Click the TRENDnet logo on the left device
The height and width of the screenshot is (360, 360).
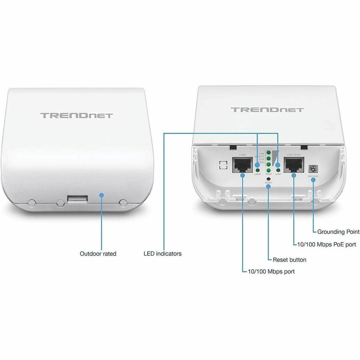(x=77, y=116)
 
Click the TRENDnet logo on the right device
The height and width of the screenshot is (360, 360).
(x=267, y=110)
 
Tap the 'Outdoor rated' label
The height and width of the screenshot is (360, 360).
(x=98, y=254)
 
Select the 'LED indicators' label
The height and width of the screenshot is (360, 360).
(x=162, y=254)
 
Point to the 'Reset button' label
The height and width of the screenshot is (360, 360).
(x=289, y=260)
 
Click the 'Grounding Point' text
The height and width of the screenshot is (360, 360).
(x=338, y=232)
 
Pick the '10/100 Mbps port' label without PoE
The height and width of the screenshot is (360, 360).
(x=271, y=271)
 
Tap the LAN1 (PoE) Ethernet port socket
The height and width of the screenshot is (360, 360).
(x=293, y=164)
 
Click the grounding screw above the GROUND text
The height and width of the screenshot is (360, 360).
(x=313, y=168)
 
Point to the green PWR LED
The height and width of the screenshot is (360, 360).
(x=268, y=170)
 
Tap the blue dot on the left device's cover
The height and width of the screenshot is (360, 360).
(x=102, y=195)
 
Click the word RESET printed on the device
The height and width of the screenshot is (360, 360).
(x=268, y=183)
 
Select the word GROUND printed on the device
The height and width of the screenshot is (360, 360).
(x=313, y=176)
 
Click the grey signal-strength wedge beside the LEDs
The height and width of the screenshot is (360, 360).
(x=274, y=158)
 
